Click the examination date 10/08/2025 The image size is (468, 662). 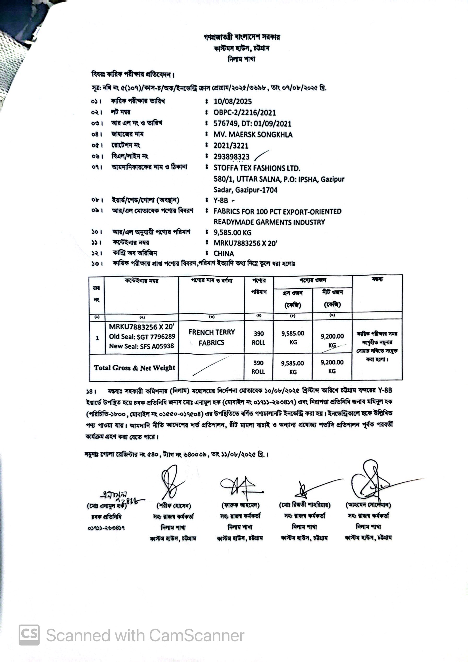[x=232, y=101]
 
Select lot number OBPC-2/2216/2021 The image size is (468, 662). [x=244, y=112]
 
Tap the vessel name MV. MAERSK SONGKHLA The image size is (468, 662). [x=253, y=135]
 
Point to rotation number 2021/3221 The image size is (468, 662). [x=231, y=146]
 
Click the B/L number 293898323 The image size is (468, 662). [x=231, y=157]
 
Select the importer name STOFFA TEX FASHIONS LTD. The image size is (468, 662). [x=257, y=168]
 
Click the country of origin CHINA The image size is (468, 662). [x=224, y=254]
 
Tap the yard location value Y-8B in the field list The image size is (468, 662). [x=221, y=201]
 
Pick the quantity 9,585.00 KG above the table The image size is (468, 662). [x=232, y=232]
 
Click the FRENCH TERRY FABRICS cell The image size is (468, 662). [x=212, y=337]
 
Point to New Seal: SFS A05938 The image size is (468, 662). [x=141, y=346]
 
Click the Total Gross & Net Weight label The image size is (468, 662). [x=134, y=368]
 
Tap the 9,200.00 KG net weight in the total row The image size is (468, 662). [x=332, y=367]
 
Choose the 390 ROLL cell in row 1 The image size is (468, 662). [x=259, y=338]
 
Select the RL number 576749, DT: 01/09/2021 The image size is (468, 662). [x=252, y=124]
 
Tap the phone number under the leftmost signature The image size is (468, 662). [x=106, y=528]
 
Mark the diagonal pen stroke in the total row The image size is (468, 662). [x=212, y=366]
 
